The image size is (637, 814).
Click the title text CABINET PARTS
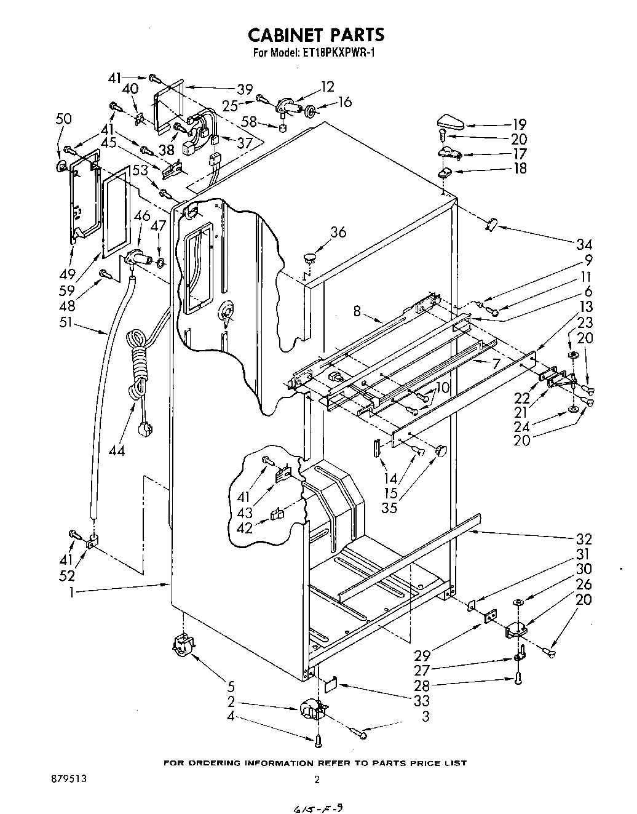point(318,34)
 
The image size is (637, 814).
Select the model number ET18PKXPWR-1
point(338,53)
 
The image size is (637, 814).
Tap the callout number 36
point(338,232)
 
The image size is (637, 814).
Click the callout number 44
point(116,450)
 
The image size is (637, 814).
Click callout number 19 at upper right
point(520,124)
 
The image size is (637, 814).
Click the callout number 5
point(231,686)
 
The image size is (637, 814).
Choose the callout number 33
point(422,701)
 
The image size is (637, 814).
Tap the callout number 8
point(357,311)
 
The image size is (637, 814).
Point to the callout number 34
point(584,244)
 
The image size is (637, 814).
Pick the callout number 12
point(328,87)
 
